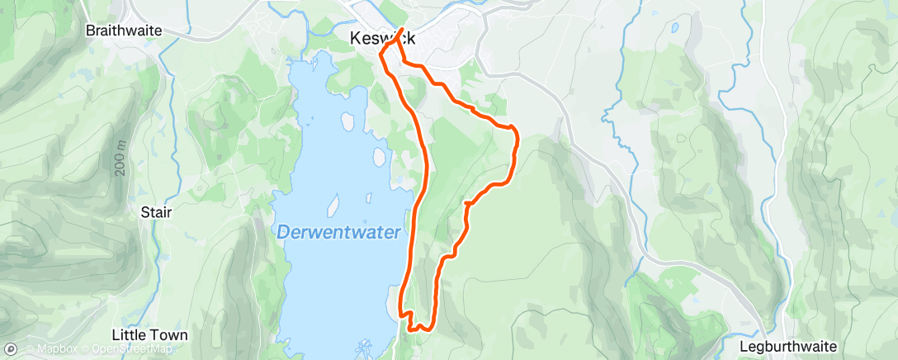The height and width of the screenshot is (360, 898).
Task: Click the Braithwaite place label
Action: [124, 30]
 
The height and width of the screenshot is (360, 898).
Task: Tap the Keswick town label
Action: [381, 38]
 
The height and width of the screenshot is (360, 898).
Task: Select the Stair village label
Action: [156, 212]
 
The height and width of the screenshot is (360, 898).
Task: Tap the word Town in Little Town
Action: [170, 335]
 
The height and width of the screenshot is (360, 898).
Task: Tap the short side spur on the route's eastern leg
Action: [468, 201]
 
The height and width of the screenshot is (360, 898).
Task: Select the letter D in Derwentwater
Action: [283, 233]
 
